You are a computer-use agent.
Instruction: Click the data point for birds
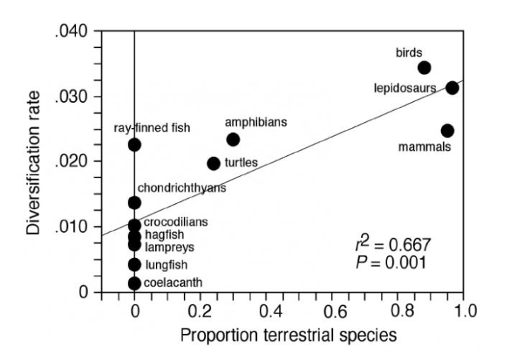424,67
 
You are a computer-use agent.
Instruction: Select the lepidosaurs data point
452,88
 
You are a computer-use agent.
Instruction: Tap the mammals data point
447,131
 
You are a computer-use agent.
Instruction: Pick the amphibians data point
233,139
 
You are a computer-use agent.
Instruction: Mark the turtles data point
213,163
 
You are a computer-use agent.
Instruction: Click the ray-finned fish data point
134,144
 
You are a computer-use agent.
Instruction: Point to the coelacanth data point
134,283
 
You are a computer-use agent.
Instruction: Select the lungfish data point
134,264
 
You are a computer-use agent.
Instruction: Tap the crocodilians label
176,222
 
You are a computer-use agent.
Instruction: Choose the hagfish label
162,234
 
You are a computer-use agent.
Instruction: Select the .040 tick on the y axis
72,32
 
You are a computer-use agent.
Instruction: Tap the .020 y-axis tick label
72,162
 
